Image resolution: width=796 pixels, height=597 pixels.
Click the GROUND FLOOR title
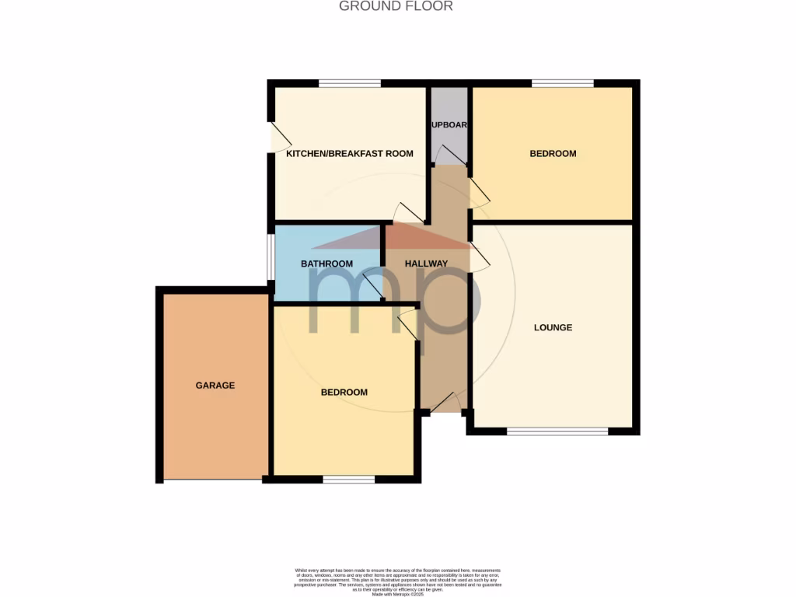[396, 6]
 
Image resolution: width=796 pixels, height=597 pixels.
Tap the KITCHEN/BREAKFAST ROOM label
[350, 154]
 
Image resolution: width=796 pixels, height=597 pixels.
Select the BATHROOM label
[326, 264]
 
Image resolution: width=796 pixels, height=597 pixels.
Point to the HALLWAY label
[426, 264]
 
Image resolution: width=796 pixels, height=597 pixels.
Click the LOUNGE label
[553, 327]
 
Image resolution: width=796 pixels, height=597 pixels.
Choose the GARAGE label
[215, 386]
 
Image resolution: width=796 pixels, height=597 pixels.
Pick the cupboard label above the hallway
[449, 124]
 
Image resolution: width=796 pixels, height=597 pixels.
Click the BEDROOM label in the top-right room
[553, 154]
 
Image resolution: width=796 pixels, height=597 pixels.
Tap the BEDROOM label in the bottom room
[344, 393]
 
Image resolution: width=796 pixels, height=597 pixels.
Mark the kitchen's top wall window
[349, 83]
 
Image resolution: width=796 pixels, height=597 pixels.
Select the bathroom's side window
[271, 256]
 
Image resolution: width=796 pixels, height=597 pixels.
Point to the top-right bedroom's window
[562, 83]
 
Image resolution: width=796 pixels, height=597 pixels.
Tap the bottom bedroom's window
[348, 480]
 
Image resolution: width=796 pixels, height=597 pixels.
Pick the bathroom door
[373, 288]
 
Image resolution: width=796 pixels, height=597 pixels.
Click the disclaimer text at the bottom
[397, 581]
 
